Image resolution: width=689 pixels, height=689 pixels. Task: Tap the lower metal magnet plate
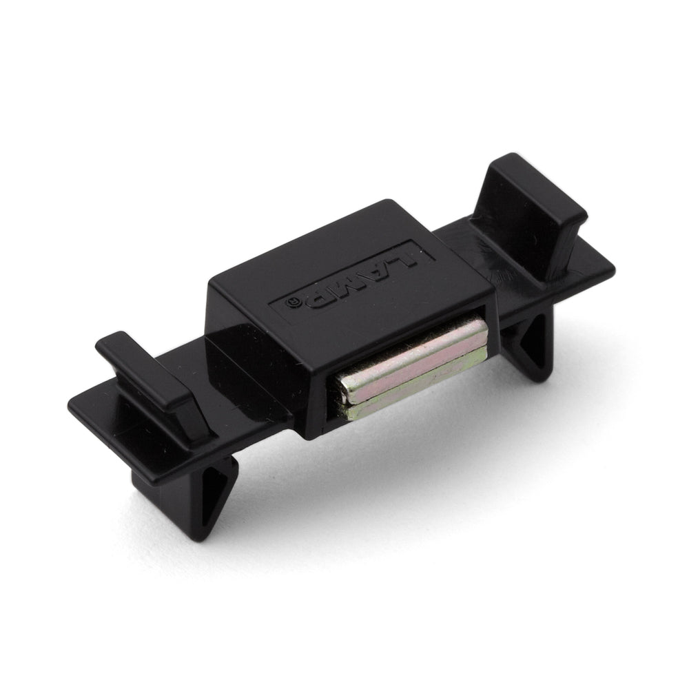pyautogui.click(x=415, y=384)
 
